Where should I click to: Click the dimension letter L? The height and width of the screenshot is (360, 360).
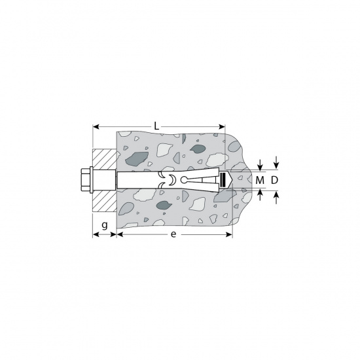click(156, 126)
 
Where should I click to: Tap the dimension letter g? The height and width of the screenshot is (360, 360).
click(105, 225)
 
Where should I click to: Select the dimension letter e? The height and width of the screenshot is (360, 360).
click(173, 234)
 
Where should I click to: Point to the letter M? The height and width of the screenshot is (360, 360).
click(260, 181)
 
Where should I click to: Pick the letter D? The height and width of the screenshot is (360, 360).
click(274, 180)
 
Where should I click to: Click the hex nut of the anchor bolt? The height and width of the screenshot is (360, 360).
click(85, 181)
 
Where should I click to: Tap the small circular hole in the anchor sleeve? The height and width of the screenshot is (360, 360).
click(184, 180)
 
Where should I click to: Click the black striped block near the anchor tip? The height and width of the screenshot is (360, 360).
click(223, 180)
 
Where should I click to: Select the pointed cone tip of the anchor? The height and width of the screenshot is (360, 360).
click(230, 180)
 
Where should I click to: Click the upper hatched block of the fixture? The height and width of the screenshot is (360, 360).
click(104, 160)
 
